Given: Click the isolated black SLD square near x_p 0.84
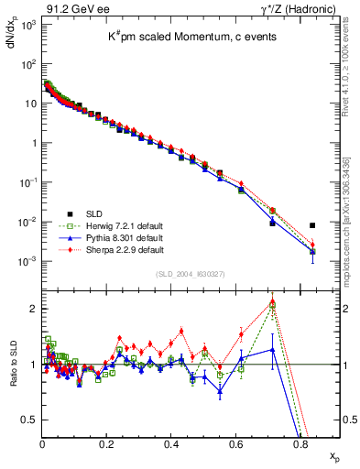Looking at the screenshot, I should pos(312,225).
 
